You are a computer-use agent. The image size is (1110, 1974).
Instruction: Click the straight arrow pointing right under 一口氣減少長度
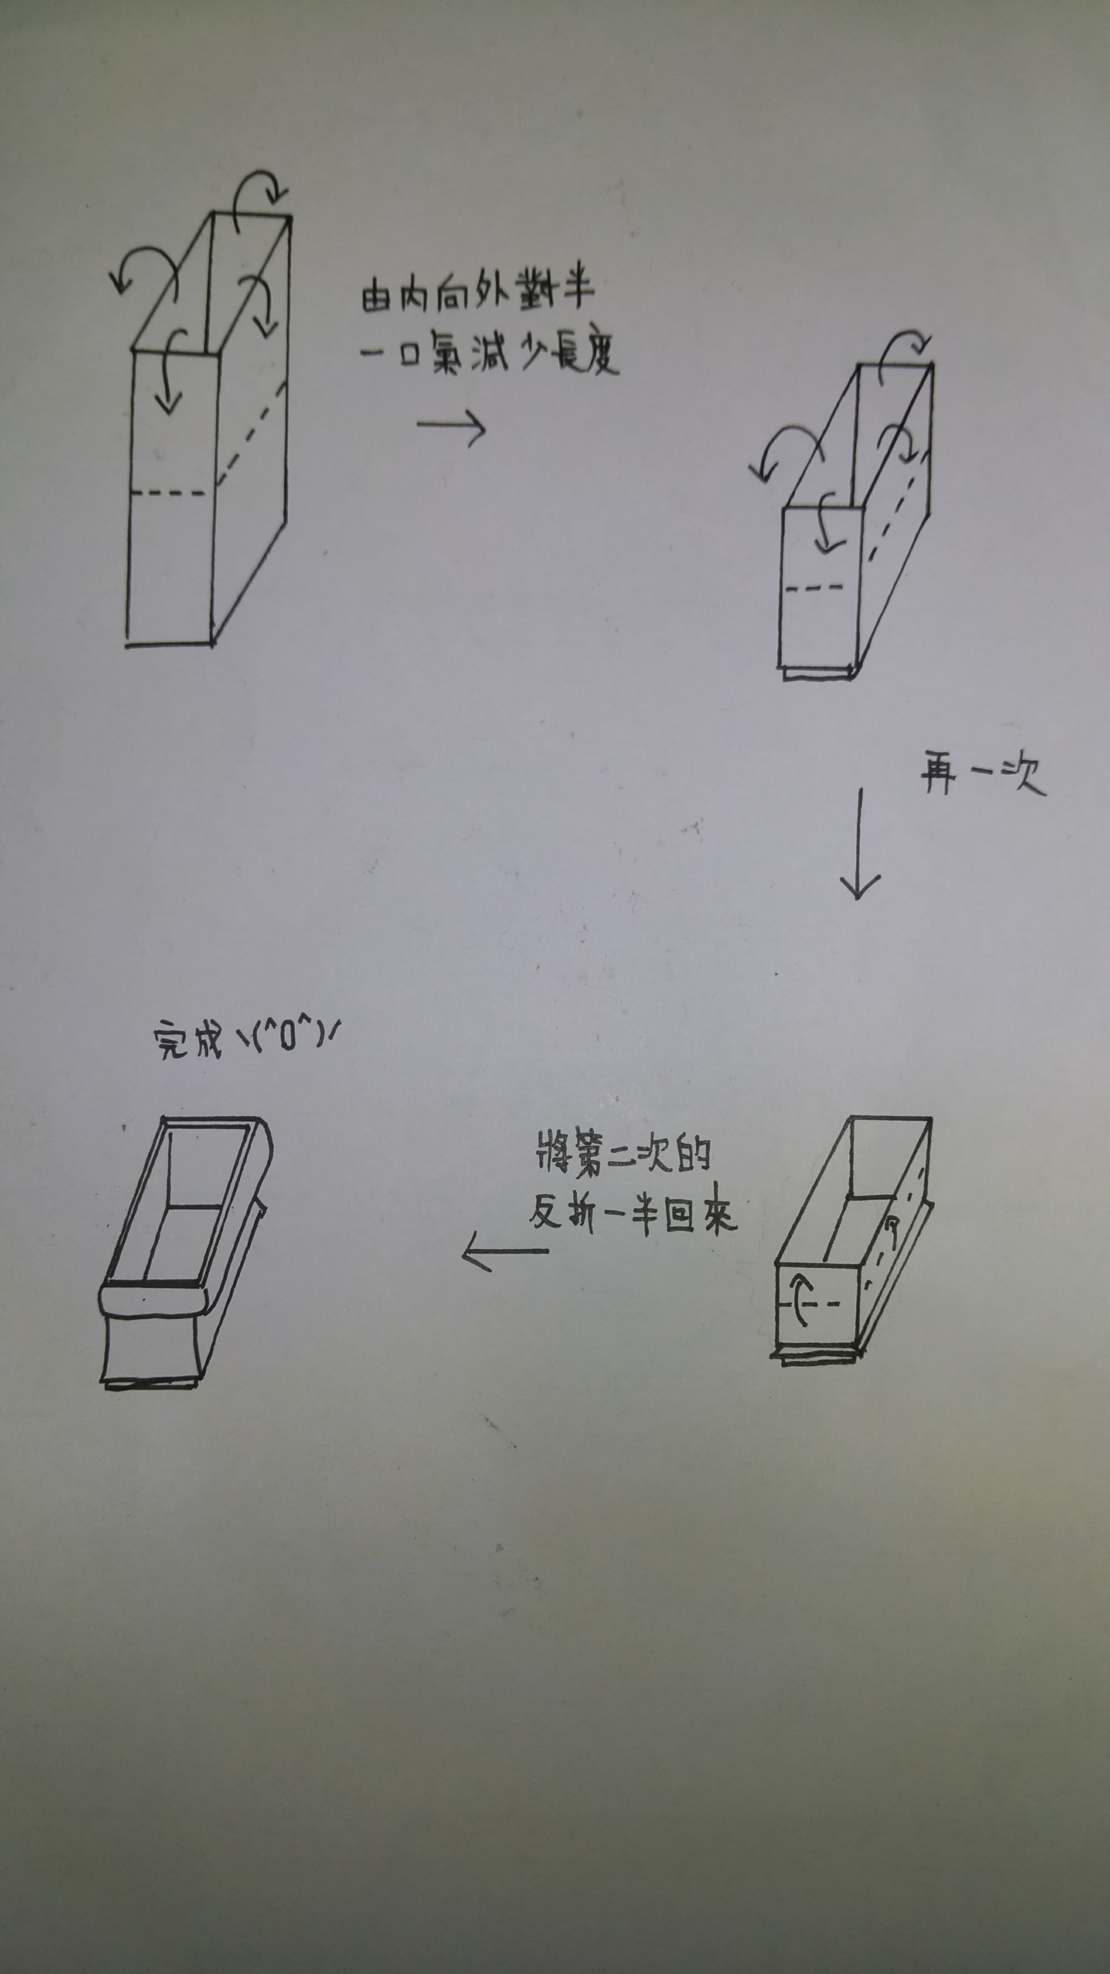pyautogui.click(x=452, y=426)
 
